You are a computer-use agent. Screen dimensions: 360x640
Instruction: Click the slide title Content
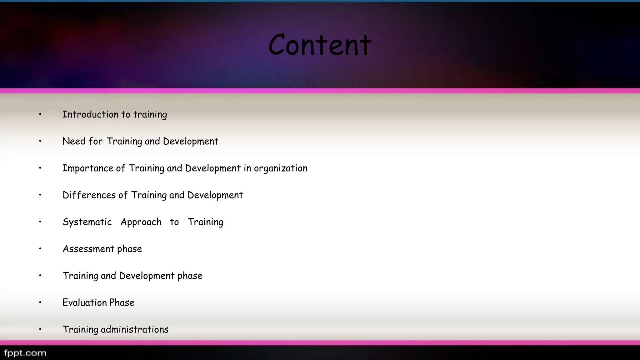320,45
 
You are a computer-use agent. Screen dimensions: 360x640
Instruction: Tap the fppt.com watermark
25,353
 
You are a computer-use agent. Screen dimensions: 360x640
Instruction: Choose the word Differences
89,195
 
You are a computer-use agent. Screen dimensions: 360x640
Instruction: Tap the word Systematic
87,222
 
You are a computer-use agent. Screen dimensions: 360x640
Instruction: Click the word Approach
141,222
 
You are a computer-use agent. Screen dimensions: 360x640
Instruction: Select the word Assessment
88,249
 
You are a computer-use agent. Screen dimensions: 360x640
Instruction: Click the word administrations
134,329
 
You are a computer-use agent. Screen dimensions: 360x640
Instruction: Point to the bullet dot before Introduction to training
40,114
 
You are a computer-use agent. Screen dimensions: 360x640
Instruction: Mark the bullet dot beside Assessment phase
40,249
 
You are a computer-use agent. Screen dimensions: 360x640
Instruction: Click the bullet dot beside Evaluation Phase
40,302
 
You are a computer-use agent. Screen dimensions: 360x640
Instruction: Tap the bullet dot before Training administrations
40,329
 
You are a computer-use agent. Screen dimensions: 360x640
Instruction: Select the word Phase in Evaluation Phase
122,302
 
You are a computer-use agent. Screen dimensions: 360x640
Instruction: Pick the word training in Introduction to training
150,115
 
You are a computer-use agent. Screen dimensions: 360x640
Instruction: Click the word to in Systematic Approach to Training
174,222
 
